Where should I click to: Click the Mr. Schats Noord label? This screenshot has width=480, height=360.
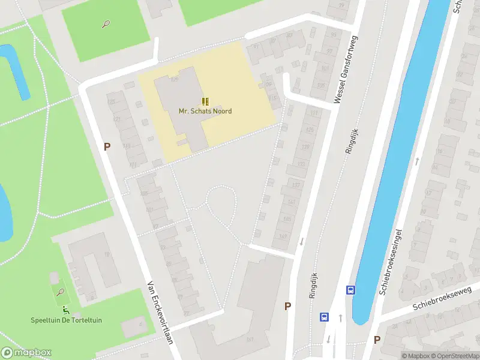[x=205, y=111]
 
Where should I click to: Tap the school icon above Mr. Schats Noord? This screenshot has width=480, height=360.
[x=205, y=101]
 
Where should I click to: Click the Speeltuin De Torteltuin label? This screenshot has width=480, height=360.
[x=67, y=320]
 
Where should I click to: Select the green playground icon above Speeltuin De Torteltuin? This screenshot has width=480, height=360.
[x=66, y=310]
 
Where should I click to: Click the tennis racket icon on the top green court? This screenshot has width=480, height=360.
[x=106, y=25]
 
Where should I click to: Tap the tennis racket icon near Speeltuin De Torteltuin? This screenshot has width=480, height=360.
[x=60, y=292]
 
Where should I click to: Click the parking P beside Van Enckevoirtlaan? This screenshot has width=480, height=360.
[x=107, y=146]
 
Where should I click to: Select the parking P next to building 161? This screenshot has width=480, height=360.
[x=288, y=306]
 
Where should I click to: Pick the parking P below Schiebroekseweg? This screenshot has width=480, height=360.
[x=377, y=340]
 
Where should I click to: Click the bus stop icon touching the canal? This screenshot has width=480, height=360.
[x=350, y=290]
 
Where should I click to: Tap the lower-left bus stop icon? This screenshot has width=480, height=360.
[x=324, y=316]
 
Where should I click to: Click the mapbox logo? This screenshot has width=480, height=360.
[x=26, y=353]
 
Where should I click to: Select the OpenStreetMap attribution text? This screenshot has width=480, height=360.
[x=454, y=356]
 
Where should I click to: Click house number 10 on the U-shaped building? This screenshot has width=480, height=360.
[x=107, y=254]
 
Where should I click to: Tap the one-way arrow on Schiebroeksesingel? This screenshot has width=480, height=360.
[x=416, y=161]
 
